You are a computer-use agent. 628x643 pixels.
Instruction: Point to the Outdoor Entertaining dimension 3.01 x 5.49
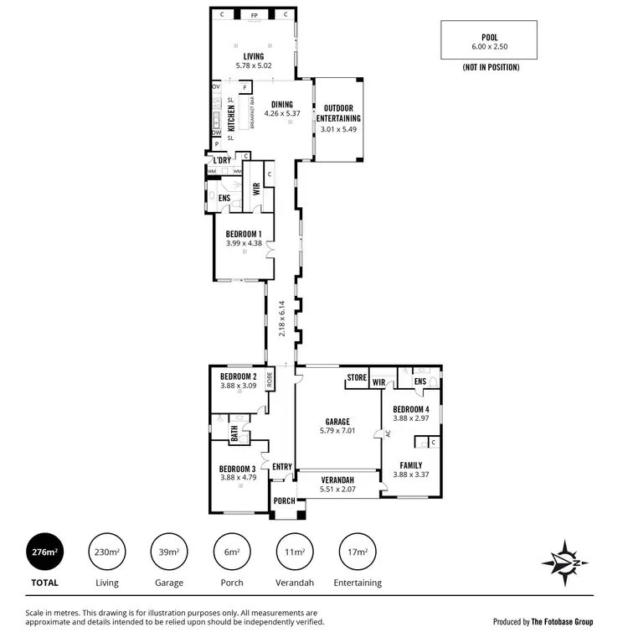click(337, 130)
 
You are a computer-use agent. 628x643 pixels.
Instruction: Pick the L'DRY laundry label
click(222, 160)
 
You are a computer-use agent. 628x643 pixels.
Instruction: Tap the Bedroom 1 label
click(244, 234)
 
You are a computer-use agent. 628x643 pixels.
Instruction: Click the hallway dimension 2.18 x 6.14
click(282, 319)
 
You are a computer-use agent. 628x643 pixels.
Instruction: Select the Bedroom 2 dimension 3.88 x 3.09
click(238, 386)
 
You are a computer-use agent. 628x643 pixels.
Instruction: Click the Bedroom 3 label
click(238, 469)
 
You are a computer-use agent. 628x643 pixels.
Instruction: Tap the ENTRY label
click(281, 467)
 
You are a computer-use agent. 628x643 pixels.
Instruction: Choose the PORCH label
click(284, 501)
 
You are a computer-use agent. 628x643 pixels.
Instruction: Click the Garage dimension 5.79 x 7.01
click(337, 431)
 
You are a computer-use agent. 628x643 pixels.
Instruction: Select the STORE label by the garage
click(358, 379)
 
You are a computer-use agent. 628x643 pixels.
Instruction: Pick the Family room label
click(410, 465)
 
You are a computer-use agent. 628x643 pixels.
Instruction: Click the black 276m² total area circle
click(45, 552)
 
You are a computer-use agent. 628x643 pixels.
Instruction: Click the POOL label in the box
click(489, 38)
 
